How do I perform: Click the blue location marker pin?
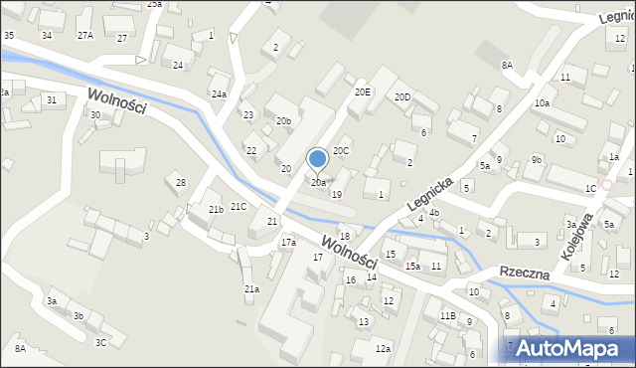point(318,159)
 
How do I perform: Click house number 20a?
point(318,183)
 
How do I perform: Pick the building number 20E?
point(363,92)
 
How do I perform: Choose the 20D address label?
point(402,97)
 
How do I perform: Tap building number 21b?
point(216,210)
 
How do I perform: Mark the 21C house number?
point(238,207)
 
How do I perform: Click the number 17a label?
point(288,242)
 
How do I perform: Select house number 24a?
point(219,94)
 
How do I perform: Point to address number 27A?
point(85,35)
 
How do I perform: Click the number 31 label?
point(51,99)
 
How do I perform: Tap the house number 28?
point(181,182)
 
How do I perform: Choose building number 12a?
point(383,348)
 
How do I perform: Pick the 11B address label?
point(447,316)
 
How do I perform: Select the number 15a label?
point(412,267)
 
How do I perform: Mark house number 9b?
point(537,159)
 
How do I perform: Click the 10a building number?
point(542,103)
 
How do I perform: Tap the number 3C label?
point(100,342)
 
